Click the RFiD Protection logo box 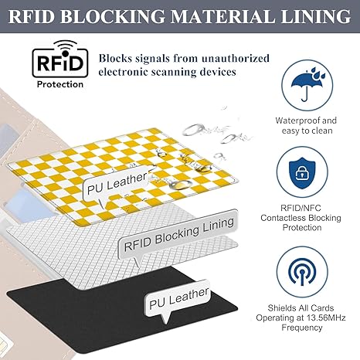tap(60, 59)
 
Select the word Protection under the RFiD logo tap(60, 84)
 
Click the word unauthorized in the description tap(236, 58)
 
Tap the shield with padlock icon tap(302, 172)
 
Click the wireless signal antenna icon tap(302, 271)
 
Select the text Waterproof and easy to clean tap(306, 125)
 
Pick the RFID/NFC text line tap(301, 208)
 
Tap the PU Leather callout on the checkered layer tap(117, 184)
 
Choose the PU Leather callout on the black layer tap(178, 299)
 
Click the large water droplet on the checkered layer tap(182, 184)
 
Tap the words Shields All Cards tap(301, 308)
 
